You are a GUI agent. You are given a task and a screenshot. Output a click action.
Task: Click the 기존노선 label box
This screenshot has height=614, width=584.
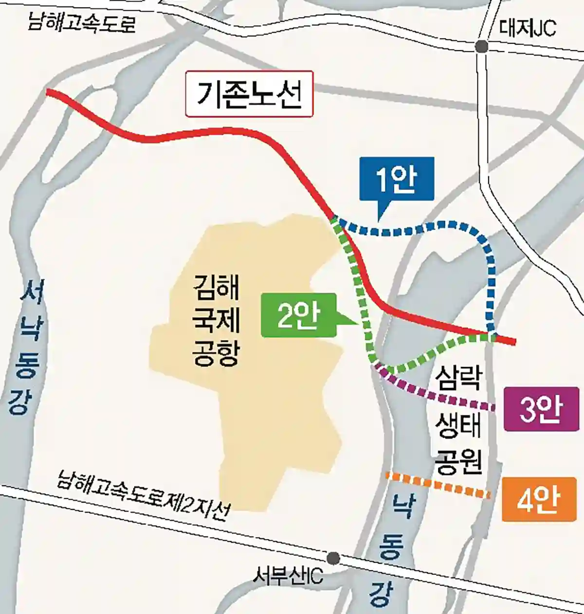249,94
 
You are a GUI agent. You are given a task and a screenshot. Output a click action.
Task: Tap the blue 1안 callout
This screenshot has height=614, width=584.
396,179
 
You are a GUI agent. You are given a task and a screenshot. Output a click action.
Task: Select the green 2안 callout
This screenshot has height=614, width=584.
298,315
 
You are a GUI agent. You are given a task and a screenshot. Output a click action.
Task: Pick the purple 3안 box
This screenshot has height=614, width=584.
541,409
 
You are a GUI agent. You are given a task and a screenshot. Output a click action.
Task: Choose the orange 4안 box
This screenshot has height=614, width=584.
539,500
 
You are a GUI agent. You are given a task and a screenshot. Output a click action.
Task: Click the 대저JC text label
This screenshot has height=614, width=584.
528,28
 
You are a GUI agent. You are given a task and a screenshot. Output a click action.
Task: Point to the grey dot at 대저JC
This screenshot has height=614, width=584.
481,46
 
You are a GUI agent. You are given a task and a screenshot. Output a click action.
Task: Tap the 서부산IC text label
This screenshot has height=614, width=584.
288,577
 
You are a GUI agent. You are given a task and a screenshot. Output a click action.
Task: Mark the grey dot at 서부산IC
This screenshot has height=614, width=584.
333,558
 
